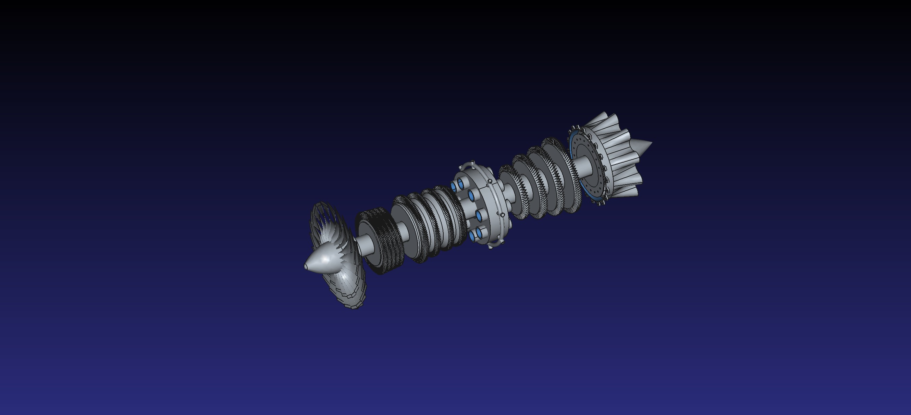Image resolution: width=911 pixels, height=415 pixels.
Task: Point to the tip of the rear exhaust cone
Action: point(651,143)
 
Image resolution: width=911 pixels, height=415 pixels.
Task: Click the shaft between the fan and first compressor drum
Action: point(364,244)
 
